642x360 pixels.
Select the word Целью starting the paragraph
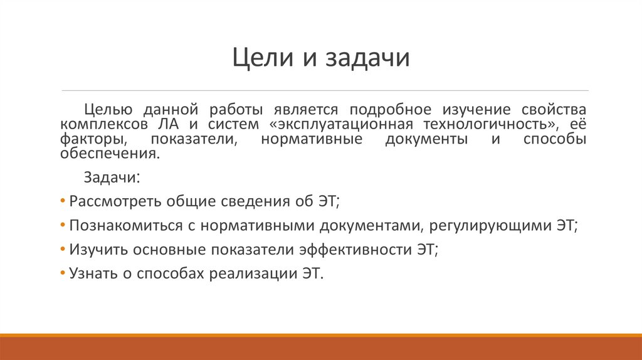(108, 110)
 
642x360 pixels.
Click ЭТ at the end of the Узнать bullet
(312, 273)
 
